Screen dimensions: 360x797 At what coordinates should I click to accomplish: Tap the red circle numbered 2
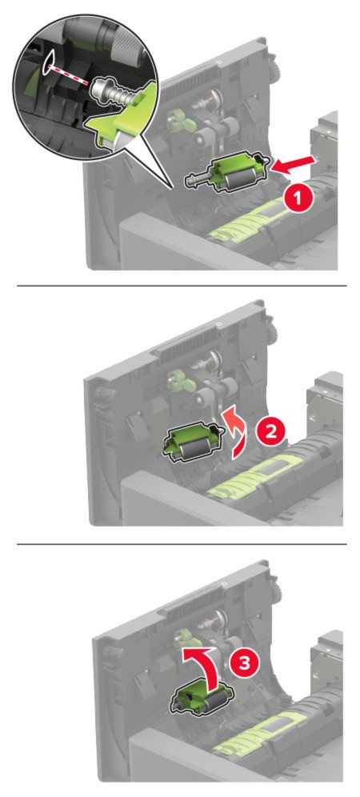click(x=270, y=431)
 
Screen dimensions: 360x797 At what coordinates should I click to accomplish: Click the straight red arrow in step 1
click(x=294, y=164)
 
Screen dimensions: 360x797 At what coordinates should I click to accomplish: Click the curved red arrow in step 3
click(x=206, y=661)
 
